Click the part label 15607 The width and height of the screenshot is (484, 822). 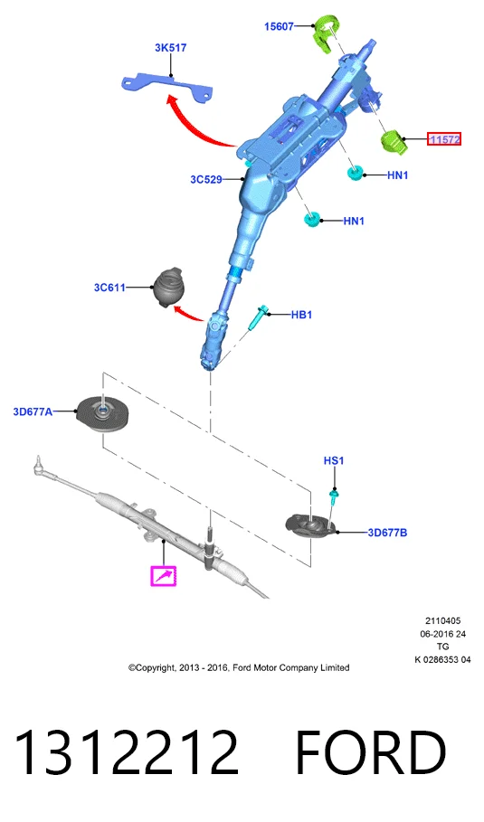279,26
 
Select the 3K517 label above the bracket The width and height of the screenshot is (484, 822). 170,48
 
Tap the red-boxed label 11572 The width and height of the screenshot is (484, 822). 444,139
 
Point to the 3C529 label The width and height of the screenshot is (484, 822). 206,179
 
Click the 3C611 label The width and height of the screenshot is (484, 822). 109,288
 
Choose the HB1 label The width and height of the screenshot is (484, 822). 301,315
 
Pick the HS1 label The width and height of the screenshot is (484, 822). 334,461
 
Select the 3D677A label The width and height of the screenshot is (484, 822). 33,412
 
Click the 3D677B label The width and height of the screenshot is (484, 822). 387,533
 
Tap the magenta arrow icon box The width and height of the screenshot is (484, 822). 163,576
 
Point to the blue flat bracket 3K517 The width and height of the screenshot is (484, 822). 166,87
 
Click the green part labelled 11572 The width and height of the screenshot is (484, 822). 394,143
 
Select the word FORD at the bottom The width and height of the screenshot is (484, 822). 371,752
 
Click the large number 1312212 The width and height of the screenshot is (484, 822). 127,752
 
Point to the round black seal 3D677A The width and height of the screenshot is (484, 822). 102,414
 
